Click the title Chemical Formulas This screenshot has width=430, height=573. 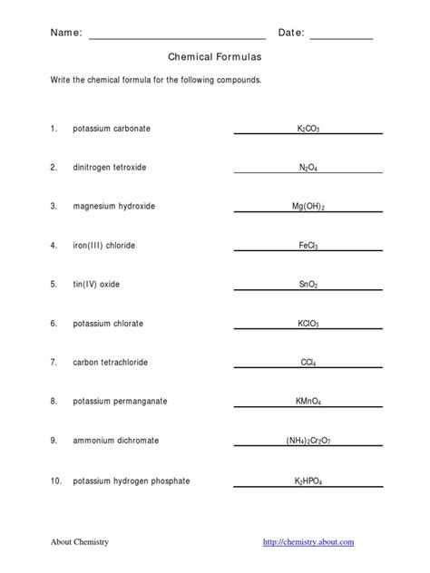214,56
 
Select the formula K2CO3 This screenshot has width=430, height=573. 308,130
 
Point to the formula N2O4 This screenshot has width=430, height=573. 308,168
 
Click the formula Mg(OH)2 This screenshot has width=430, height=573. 308,207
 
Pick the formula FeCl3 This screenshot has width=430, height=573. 308,246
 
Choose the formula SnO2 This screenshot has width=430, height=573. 308,285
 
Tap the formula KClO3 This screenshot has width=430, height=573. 308,324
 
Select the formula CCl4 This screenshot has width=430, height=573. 308,363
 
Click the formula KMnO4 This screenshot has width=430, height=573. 308,402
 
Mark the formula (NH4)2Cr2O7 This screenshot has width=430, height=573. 308,441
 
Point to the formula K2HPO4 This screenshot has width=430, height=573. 308,480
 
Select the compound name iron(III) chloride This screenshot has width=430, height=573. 105,246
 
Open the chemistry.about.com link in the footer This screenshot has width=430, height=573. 308,542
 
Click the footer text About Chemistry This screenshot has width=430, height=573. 79,542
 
